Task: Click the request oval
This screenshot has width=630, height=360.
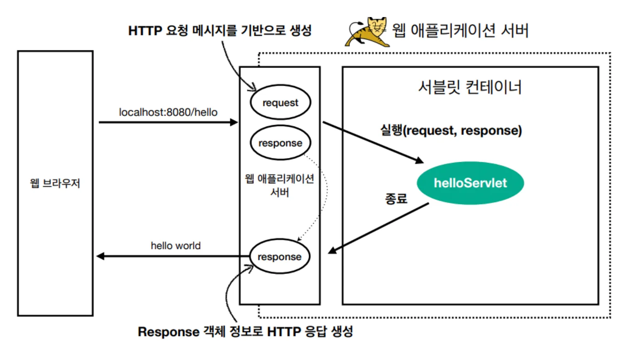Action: (x=280, y=102)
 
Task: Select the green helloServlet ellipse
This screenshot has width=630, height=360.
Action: (x=470, y=183)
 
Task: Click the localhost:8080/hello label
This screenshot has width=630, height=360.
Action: (x=168, y=112)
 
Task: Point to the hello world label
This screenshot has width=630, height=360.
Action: (x=175, y=246)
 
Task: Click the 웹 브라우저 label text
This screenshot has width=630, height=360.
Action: (x=55, y=183)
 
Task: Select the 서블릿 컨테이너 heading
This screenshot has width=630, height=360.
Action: (x=470, y=87)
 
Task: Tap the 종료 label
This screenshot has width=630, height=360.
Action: (x=396, y=199)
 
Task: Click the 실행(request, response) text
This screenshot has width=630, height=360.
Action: (x=451, y=131)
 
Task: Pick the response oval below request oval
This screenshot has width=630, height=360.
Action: (x=280, y=143)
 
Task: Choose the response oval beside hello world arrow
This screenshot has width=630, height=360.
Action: (x=279, y=256)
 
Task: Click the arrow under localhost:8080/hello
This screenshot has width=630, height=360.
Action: (x=168, y=122)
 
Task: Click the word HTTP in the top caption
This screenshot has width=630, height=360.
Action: (x=145, y=31)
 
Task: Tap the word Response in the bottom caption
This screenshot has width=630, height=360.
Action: (x=168, y=332)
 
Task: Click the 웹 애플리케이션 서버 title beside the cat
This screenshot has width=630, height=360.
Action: (x=460, y=30)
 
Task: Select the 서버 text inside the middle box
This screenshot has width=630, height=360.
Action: (x=280, y=192)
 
